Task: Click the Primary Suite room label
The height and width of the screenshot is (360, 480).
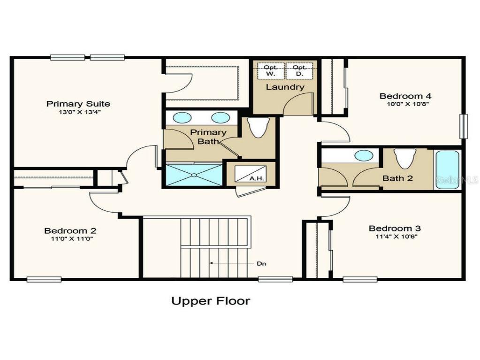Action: coord(78,104)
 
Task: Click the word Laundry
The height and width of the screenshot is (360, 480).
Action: coord(285,87)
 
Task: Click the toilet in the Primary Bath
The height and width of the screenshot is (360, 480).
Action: coord(259,127)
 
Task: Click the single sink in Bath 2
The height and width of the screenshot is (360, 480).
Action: coord(364,155)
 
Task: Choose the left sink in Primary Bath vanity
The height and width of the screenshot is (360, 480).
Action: coord(182,118)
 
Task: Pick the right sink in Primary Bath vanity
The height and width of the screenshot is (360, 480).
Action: coord(220,118)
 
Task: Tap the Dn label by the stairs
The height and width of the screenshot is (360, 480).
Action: coord(261,263)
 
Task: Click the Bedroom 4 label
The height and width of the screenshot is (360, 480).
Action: coord(404,96)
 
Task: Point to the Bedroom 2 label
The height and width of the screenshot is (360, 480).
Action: coord(70,230)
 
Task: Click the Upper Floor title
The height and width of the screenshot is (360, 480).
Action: coord(211,301)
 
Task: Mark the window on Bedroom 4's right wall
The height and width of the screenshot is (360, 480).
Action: coord(463,126)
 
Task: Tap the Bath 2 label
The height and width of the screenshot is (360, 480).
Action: coord(398,178)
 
